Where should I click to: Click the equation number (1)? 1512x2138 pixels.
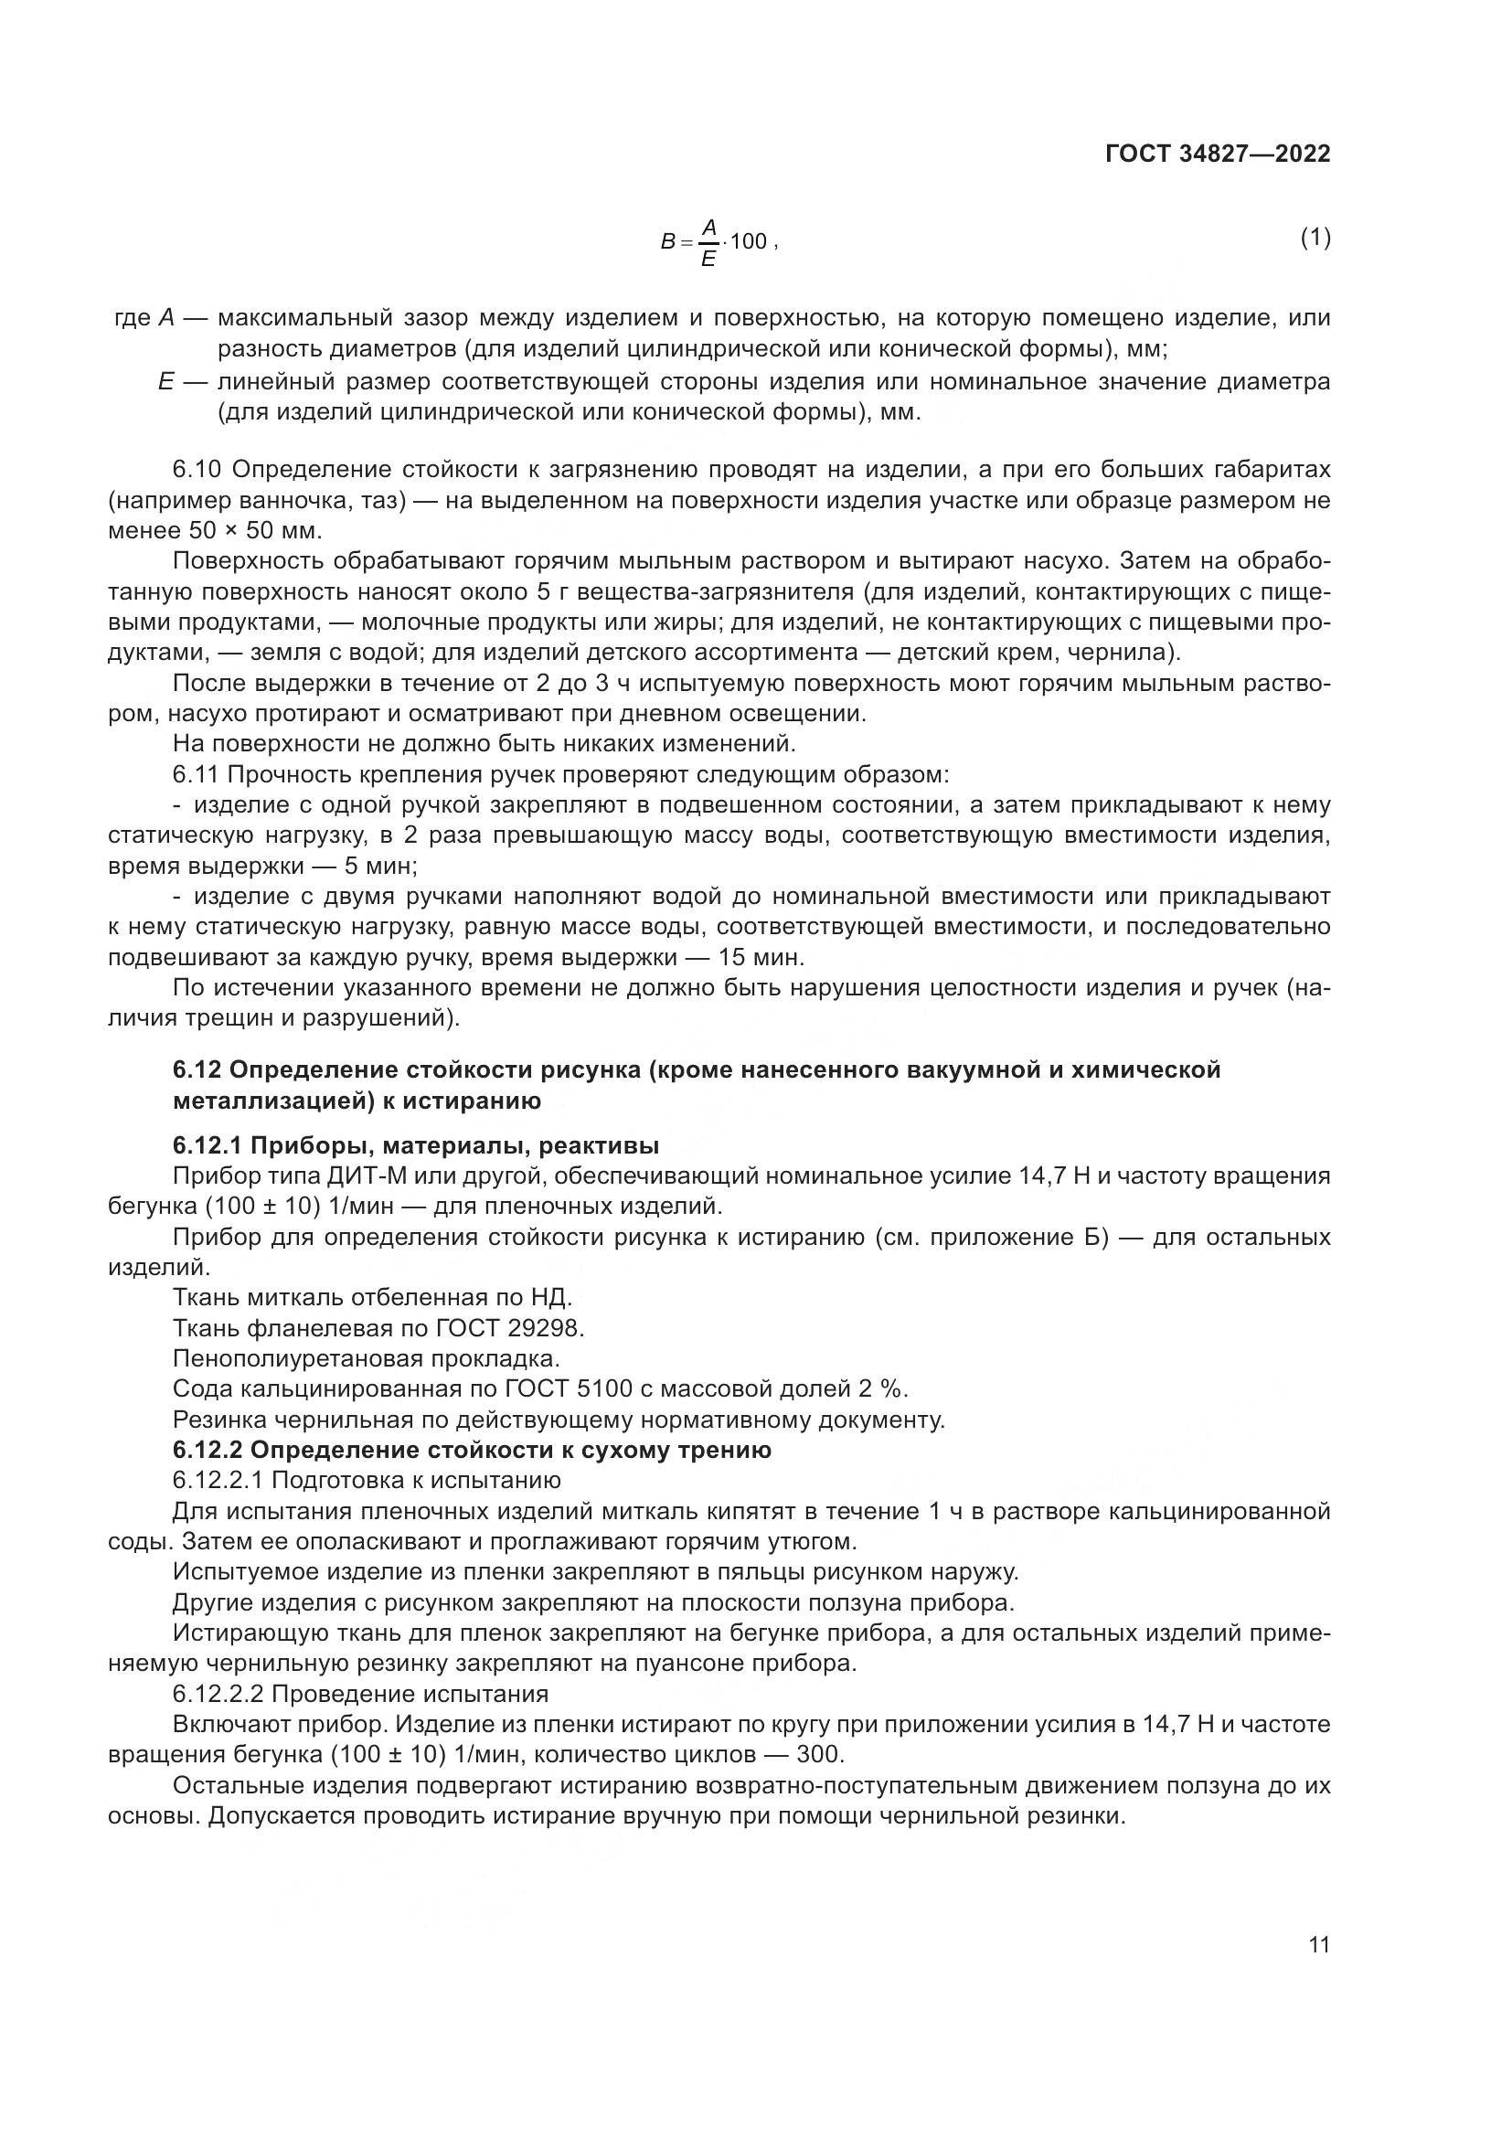point(1315,239)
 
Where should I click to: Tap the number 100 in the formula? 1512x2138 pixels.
point(749,242)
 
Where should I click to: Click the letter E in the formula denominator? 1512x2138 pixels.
point(708,260)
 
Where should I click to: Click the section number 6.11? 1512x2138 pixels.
point(196,775)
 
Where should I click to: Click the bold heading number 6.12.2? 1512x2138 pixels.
point(205,1450)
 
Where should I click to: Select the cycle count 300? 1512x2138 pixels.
point(818,1754)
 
